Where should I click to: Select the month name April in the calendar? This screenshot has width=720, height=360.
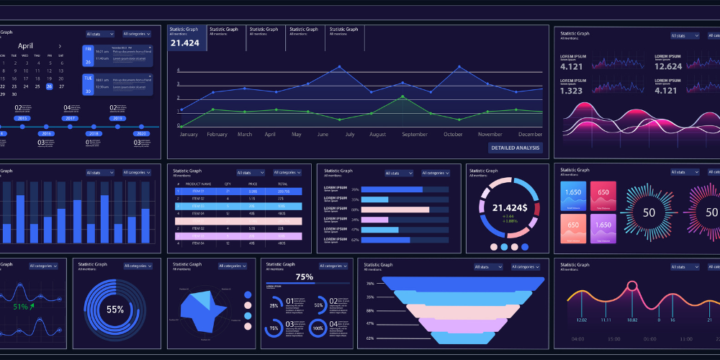coord(25,45)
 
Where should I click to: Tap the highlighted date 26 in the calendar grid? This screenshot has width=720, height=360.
coord(50,86)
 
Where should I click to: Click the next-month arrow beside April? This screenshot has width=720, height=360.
coord(60,45)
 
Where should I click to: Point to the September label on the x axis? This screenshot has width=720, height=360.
coord(415,135)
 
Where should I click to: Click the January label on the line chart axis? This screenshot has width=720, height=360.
coord(188,135)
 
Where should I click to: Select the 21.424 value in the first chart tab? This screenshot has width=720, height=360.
coord(184,43)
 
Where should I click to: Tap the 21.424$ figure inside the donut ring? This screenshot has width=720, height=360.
coord(510,207)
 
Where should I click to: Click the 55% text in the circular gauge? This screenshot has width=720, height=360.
coord(115,310)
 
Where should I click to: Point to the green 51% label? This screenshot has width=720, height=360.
coord(21,307)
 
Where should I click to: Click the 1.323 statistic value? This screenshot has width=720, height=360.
coord(571,91)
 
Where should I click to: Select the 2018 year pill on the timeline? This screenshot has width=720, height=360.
coord(93,133)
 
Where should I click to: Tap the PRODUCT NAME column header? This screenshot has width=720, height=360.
coord(202,184)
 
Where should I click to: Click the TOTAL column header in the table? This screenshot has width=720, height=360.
coord(283,184)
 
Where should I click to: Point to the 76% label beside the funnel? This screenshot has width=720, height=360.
coord(370,284)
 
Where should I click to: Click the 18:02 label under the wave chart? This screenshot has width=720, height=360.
coord(631,320)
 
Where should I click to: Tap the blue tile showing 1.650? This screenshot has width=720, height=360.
coord(573,196)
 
